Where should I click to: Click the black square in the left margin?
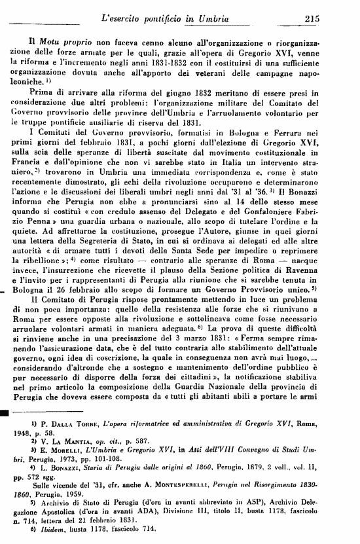(4, 413)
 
